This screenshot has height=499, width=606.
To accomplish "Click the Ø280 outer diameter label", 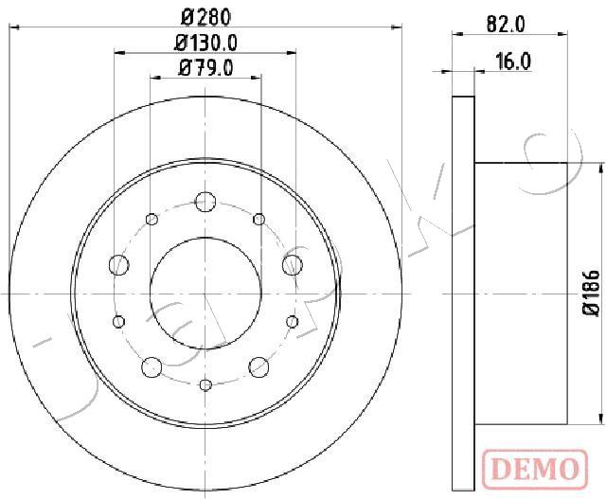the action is [205, 17].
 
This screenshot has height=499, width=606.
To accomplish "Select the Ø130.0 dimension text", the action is [205, 43].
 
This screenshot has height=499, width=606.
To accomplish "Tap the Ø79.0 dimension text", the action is [205, 68].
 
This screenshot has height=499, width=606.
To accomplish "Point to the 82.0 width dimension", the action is [506, 26].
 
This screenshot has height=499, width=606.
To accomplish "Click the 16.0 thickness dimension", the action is [513, 62].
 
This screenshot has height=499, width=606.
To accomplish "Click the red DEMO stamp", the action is [535, 470].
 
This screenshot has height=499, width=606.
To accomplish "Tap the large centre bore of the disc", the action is [205, 294].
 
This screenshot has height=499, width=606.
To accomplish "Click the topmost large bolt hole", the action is [205, 202].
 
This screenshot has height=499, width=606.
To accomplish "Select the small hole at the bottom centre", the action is [205, 384].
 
